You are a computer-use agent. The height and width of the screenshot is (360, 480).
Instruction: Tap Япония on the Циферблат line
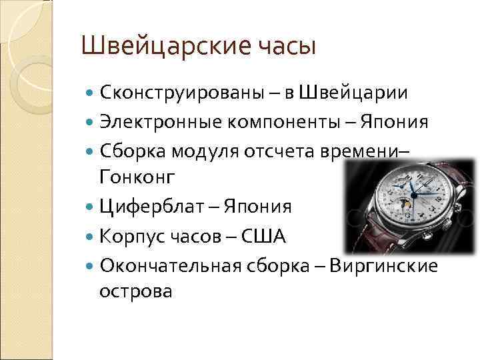tap(256, 206)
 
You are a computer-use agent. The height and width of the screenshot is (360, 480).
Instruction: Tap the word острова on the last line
tap(135, 291)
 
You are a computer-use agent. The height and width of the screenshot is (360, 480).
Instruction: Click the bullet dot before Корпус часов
tap(91, 236)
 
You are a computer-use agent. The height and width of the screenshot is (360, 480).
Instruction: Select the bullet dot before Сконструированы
tap(91, 92)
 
